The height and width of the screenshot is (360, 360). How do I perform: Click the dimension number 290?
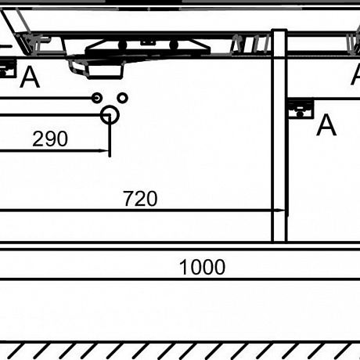[50, 139]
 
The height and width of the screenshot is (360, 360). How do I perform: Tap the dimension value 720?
[140, 199]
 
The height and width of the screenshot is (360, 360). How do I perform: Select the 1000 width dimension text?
[202, 267]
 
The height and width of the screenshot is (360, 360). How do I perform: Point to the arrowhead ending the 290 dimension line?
[105, 150]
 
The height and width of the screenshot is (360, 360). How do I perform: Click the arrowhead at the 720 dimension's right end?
[280, 210]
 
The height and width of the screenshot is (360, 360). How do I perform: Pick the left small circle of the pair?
[97, 98]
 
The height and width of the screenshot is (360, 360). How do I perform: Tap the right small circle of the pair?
[122, 98]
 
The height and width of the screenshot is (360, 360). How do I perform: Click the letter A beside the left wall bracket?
[30, 77]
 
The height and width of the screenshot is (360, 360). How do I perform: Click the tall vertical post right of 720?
[279, 135]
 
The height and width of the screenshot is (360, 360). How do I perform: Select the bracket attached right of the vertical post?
[301, 108]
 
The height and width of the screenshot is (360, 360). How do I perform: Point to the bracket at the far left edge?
[7, 68]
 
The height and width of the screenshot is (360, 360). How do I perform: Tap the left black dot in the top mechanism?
[122, 45]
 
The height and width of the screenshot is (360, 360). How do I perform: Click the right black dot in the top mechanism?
[174, 45]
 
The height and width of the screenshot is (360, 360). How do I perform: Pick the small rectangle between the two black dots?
[148, 42]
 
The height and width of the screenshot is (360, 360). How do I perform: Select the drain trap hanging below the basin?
[95, 68]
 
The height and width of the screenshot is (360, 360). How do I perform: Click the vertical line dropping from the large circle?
[110, 135]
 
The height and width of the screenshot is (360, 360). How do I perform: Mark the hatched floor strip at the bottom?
[180, 351]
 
